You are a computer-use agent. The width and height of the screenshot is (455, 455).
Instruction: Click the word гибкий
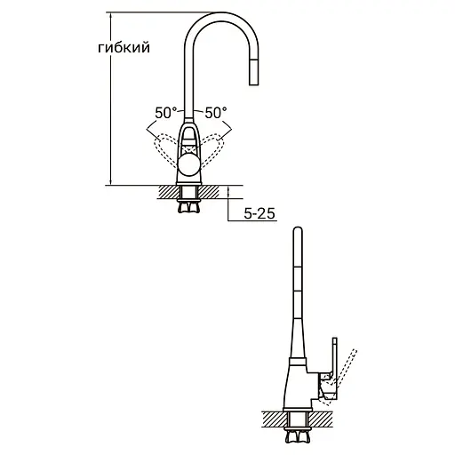pos(118,49)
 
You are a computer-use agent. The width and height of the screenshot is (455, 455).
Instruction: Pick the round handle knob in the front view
pos(190,164)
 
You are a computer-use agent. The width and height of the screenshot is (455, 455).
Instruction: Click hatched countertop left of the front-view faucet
pos(167,191)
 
